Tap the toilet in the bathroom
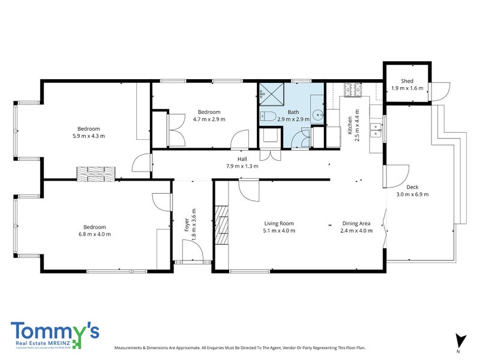268,116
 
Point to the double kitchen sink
376,127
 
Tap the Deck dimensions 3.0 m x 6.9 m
412,194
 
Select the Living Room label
278,223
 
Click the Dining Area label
356,223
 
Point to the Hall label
242,158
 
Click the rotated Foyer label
187,224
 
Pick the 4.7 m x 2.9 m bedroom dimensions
209,119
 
